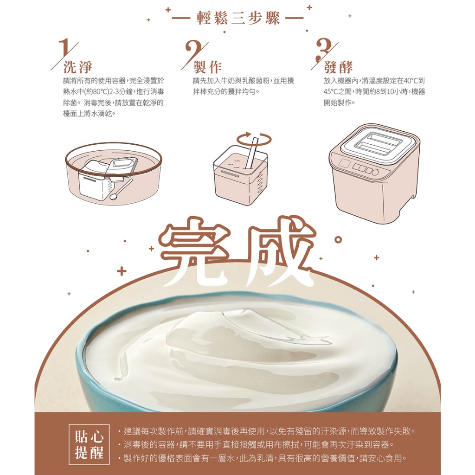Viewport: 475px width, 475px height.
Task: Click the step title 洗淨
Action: [x=78, y=67]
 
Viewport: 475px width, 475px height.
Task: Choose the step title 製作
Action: [x=208, y=67]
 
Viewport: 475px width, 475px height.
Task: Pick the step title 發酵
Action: [x=338, y=67]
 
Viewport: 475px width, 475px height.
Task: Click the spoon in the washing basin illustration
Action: [x=121, y=189]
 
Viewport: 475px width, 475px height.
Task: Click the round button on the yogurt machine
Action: [x=375, y=173]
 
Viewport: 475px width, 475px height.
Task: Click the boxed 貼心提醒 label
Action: [x=89, y=445]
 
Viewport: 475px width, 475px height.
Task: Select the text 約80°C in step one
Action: [x=97, y=92]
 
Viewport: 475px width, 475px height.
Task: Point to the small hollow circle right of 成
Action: [x=338, y=240]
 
